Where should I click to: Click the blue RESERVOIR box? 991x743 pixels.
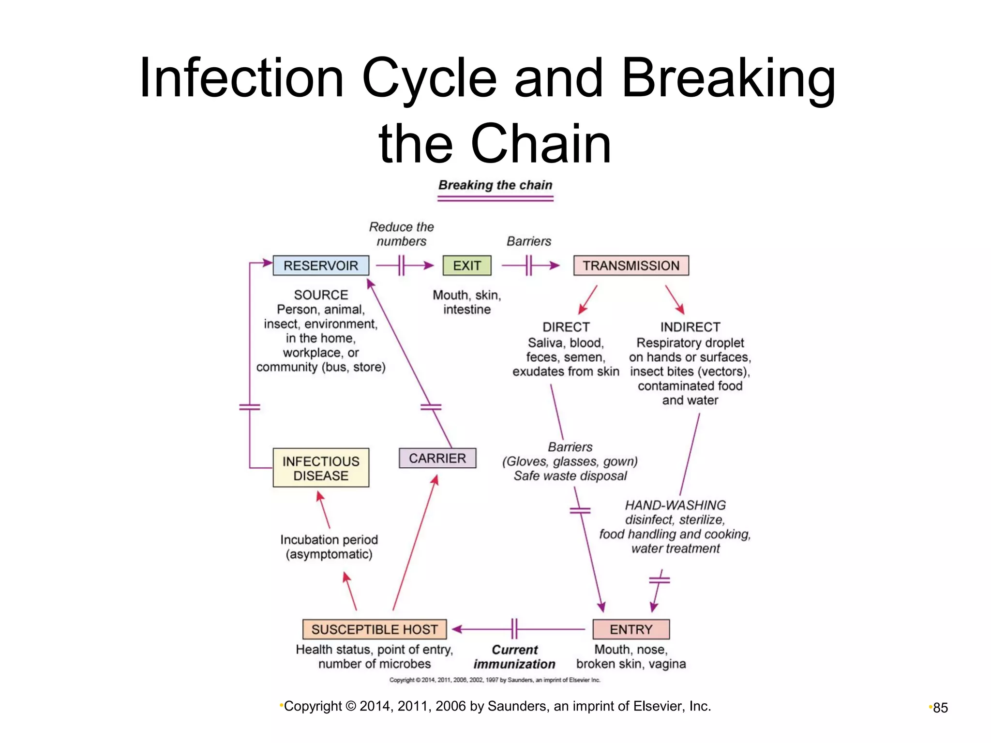pyautogui.click(x=321, y=266)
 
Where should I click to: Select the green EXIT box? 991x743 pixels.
pyautogui.click(x=467, y=266)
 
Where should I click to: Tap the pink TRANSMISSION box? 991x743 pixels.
pyautogui.click(x=631, y=266)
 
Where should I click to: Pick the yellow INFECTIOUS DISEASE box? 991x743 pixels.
pyautogui.click(x=321, y=468)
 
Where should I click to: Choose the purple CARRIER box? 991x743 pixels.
pyautogui.click(x=437, y=458)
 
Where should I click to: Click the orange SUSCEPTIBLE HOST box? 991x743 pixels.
pyautogui.click(x=375, y=629)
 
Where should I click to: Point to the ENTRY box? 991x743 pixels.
pyautogui.click(x=631, y=629)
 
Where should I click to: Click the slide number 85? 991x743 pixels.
pyautogui.click(x=940, y=708)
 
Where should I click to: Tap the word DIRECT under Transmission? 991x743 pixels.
pyautogui.click(x=566, y=327)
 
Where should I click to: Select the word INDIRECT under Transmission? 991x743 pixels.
pyautogui.click(x=690, y=327)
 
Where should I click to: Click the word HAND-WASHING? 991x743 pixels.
pyautogui.click(x=675, y=505)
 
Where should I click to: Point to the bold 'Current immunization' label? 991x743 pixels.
pyautogui.click(x=514, y=657)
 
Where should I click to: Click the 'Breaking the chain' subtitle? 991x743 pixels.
pyautogui.click(x=495, y=185)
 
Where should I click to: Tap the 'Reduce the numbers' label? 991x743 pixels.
pyautogui.click(x=401, y=234)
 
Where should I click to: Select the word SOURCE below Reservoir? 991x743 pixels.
pyautogui.click(x=321, y=295)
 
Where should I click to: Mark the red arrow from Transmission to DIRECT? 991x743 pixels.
pyautogui.click(x=588, y=299)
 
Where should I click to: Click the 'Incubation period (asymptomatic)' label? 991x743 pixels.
pyautogui.click(x=329, y=547)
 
